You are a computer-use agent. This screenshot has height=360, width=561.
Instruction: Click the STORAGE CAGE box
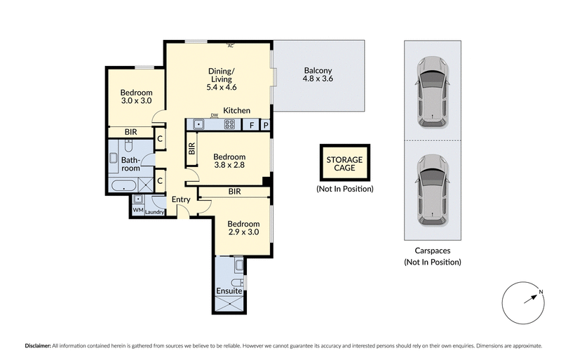click(x=344, y=164)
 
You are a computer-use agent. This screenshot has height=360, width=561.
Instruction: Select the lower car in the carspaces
click(x=432, y=191)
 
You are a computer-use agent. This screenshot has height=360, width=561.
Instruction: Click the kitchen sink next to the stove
click(x=199, y=124)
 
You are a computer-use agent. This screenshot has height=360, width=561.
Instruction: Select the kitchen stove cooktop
click(x=229, y=124)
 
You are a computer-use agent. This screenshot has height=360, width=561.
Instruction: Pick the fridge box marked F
click(x=251, y=125)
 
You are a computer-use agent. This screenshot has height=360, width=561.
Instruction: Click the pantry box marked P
click(x=266, y=125)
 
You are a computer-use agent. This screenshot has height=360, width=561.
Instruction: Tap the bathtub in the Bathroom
click(x=123, y=186)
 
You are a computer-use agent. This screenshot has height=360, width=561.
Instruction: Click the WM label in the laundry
click(x=137, y=209)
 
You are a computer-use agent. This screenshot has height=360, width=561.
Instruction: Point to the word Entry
click(x=181, y=199)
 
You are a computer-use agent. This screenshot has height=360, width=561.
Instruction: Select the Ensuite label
click(x=229, y=290)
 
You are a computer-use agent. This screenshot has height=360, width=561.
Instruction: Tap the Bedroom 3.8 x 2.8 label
click(x=229, y=161)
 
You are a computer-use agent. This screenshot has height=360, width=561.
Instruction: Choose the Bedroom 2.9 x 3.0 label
click(x=243, y=229)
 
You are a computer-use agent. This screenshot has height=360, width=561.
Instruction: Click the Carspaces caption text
click(x=432, y=250)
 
